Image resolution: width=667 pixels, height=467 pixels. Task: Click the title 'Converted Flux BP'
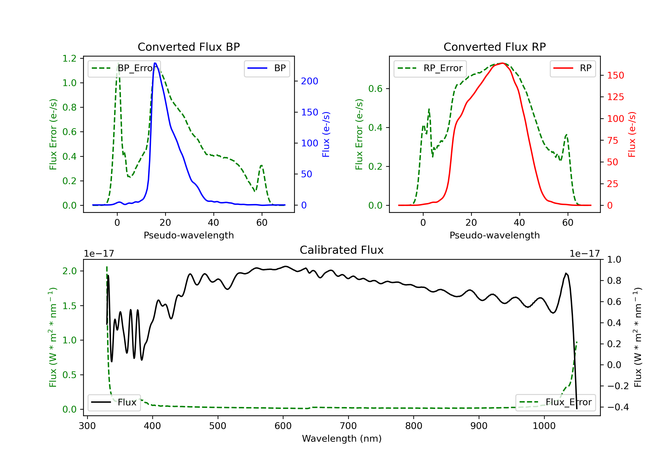pos(189,47)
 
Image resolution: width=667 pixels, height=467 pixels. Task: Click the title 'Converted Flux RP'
pos(494,47)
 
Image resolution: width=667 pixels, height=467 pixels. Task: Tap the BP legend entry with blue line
pos(267,68)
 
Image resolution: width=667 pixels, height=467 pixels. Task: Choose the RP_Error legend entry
pos(430,68)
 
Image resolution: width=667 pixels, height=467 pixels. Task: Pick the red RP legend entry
pos(573,68)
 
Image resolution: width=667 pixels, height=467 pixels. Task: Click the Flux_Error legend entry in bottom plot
pos(555,402)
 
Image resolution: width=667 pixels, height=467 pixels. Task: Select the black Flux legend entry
pos(114,402)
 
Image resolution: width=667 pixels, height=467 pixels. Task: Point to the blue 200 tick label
pos(309,81)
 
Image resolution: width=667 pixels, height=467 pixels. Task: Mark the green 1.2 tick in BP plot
pos(69,58)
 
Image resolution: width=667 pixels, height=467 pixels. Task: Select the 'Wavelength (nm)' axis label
pos(342,439)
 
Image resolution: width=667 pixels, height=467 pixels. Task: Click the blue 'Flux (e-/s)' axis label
pos(326,135)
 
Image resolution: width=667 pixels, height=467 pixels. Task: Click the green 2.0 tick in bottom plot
pos(69,271)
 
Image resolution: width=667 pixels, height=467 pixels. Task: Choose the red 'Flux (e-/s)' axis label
pos(632,135)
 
